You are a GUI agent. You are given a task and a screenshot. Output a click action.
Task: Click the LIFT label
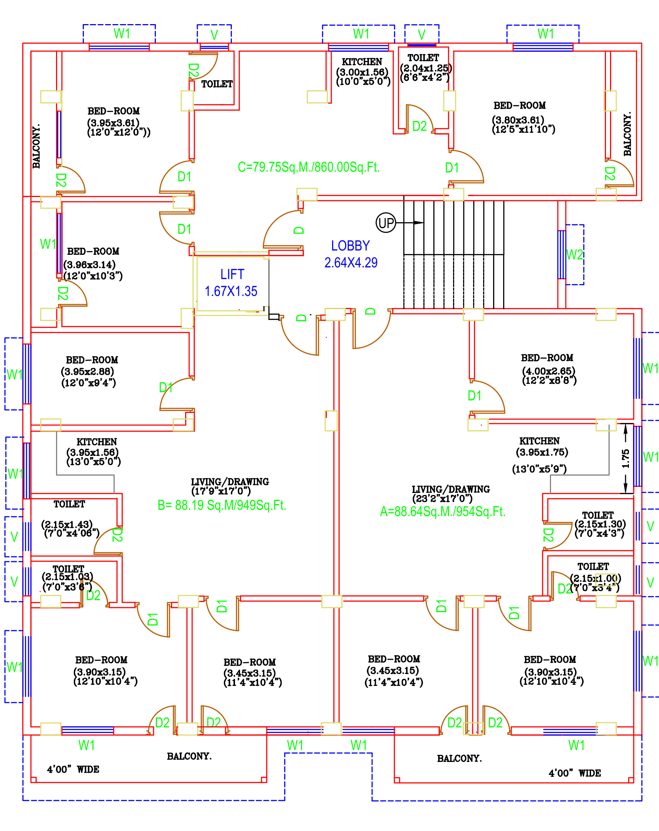[232, 275]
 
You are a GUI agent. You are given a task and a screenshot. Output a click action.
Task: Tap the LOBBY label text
[351, 246]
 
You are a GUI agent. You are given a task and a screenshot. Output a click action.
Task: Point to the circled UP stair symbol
[386, 223]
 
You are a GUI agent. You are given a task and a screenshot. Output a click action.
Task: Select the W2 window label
[574, 255]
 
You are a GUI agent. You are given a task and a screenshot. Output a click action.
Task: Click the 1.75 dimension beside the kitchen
[626, 459]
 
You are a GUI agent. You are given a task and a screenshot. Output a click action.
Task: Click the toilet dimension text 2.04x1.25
[426, 68]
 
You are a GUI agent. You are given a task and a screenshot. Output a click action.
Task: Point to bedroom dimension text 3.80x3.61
[518, 120]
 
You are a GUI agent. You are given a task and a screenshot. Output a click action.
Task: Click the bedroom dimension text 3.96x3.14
[89, 265]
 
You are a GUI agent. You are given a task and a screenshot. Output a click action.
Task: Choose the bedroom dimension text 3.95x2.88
[88, 372]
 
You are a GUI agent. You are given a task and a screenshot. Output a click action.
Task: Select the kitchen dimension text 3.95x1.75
[542, 452]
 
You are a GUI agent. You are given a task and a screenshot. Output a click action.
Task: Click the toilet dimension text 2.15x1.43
[67, 524]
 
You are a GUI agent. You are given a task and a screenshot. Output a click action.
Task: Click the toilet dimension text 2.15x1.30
[600, 524]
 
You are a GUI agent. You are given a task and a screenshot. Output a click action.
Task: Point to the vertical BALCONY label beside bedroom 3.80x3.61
[627, 134]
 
